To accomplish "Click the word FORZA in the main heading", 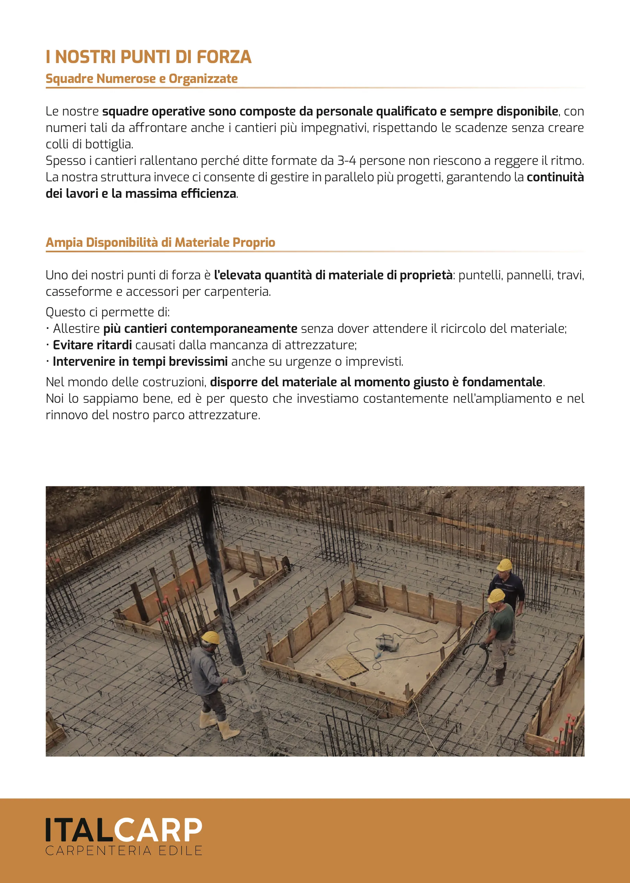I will (223, 57).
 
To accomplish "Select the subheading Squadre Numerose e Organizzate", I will (142, 78).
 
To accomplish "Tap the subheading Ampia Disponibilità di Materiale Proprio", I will (160, 243).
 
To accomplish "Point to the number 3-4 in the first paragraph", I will (347, 161).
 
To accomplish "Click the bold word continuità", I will (555, 178).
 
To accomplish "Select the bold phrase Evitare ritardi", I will (92, 345).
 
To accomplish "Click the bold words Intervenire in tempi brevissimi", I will (140, 362).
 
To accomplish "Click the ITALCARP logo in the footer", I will (124, 830).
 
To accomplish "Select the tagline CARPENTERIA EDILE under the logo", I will (124, 851).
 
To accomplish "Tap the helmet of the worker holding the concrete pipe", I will (211, 637).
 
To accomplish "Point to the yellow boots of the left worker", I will (219, 725).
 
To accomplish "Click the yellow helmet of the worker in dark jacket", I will (504, 565).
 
